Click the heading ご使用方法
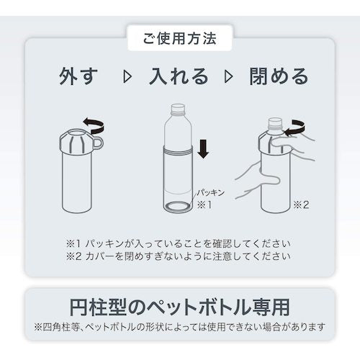(x=179, y=38)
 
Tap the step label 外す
(x=78, y=76)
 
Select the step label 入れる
(x=178, y=76)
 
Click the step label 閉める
(x=279, y=76)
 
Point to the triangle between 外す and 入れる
(x=127, y=77)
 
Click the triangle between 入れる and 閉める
(x=228, y=77)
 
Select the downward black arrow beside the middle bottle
(x=204, y=149)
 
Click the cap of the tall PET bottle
(x=178, y=108)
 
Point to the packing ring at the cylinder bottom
(x=178, y=206)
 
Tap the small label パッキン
(x=211, y=193)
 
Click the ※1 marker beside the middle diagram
(x=204, y=204)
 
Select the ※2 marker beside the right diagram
(x=302, y=204)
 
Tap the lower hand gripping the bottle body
(x=257, y=180)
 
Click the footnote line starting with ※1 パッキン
(x=178, y=244)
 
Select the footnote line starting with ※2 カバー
(x=178, y=256)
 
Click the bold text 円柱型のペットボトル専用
(x=179, y=307)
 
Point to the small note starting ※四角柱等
(x=180, y=327)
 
